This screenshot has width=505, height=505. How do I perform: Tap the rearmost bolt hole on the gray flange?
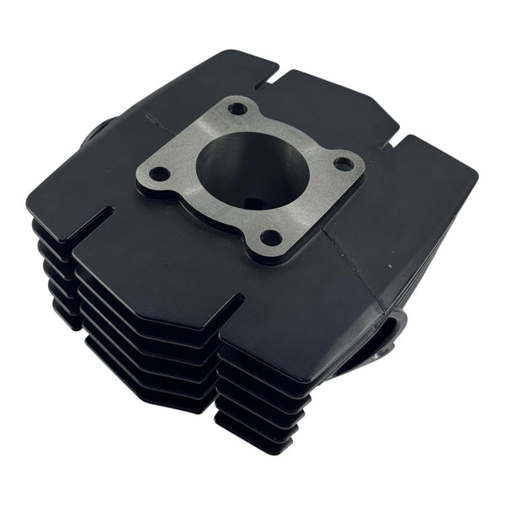(238, 109)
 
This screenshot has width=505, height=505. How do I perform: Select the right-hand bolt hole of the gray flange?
(343, 164)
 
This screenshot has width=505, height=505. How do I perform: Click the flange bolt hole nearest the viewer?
(270, 238)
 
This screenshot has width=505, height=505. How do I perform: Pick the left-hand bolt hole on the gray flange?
(159, 174)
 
